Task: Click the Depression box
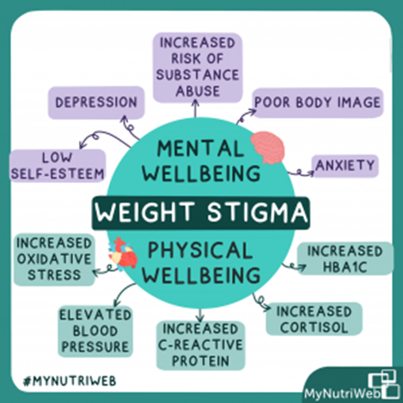tap(96, 102)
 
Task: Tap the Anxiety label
tap(345, 166)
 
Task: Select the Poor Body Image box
tap(318, 103)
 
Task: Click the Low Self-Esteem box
tap(58, 166)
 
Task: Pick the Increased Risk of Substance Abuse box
tap(198, 68)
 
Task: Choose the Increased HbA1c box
tap(345, 259)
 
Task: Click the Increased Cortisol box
tap(314, 319)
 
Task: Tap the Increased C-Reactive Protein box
tap(201, 345)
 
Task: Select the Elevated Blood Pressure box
tap(95, 331)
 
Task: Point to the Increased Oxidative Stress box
tap(54, 260)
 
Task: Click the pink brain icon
tap(268, 148)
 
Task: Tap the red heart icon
tap(123, 253)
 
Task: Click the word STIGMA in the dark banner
tap(257, 212)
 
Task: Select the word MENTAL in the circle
tap(200, 149)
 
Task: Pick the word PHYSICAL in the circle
tap(200, 250)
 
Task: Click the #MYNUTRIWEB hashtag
tap(70, 381)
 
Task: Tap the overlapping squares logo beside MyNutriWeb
tap(383, 383)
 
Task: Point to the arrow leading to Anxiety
tap(300, 173)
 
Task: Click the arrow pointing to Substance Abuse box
tap(195, 108)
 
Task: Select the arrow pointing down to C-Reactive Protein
tap(200, 315)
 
